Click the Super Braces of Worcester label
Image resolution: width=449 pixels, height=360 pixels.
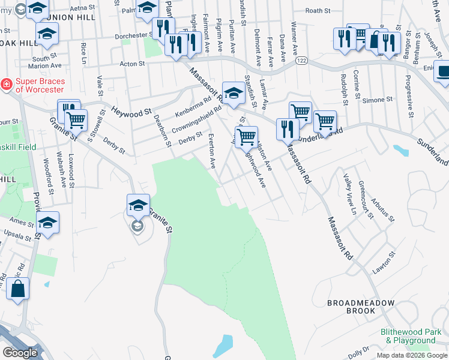(39, 85)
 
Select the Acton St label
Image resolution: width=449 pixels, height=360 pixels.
(133, 63)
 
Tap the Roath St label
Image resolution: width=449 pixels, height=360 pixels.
(318, 11)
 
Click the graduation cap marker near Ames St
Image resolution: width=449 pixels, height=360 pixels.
(47, 223)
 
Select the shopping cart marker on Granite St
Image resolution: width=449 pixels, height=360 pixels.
(76, 120)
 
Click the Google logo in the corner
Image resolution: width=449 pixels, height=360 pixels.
(19, 353)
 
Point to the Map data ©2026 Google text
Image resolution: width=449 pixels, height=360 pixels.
(411, 355)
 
